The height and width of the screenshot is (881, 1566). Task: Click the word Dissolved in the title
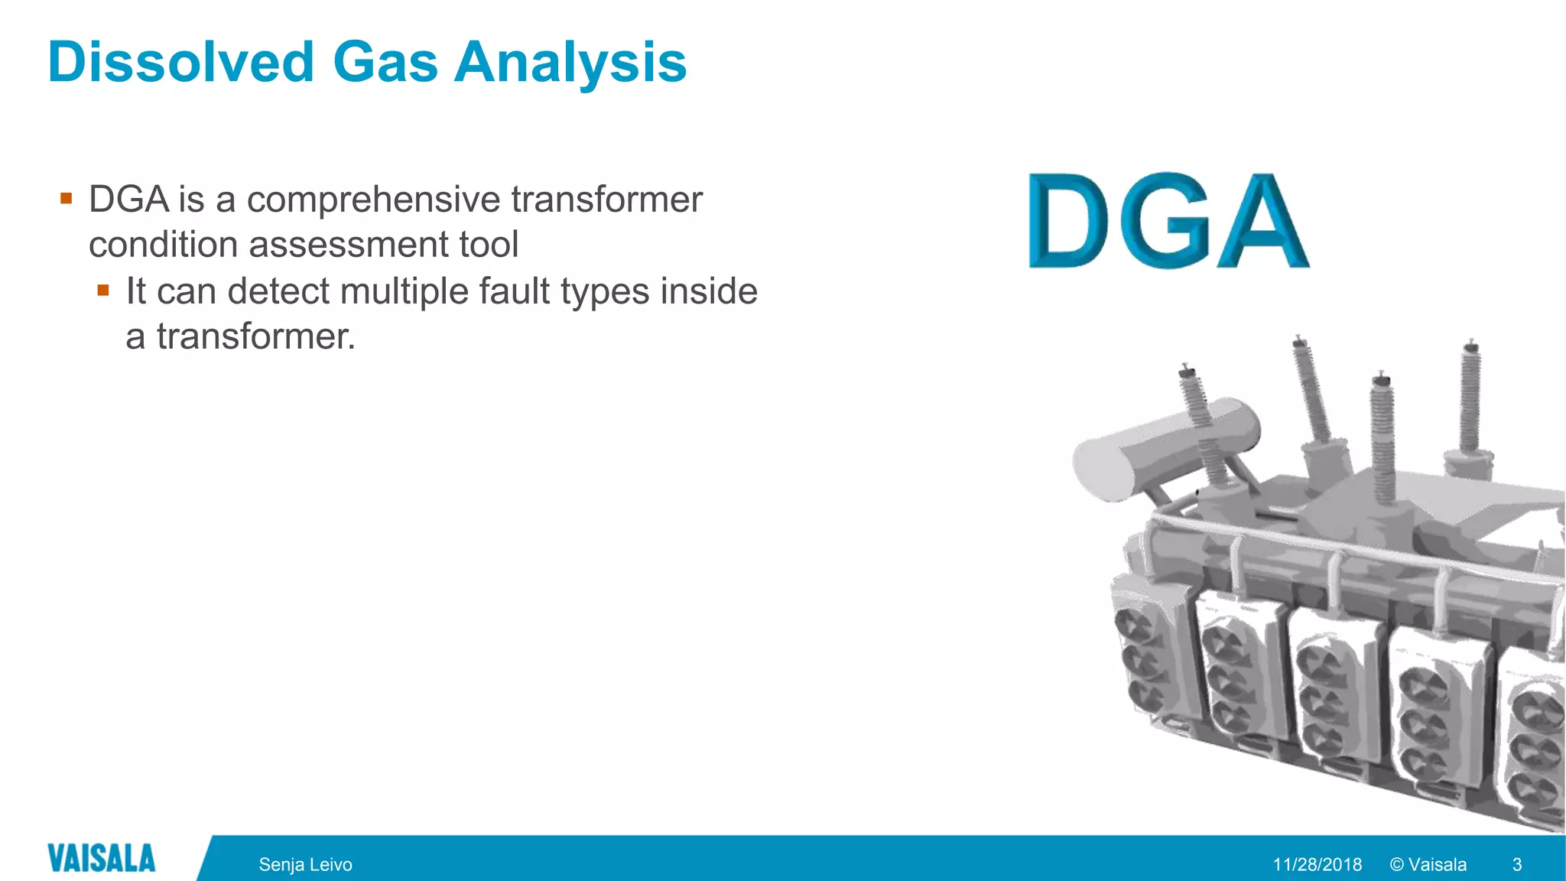[181, 62]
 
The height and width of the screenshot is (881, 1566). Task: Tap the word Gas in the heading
[385, 62]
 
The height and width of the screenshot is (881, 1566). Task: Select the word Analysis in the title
[570, 62]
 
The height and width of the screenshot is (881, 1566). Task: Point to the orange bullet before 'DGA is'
[67, 199]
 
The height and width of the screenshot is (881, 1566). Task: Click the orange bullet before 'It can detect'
[103, 291]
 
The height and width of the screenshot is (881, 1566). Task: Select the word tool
[489, 245]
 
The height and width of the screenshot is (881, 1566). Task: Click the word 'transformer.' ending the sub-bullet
[256, 336]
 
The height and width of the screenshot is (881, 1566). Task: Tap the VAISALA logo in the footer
[101, 859]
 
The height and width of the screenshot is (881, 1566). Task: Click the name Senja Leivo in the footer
[305, 864]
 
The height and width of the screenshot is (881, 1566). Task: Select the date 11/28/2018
[1317, 864]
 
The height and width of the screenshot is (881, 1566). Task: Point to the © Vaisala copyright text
[1428, 864]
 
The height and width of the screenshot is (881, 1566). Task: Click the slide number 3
[1517, 864]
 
